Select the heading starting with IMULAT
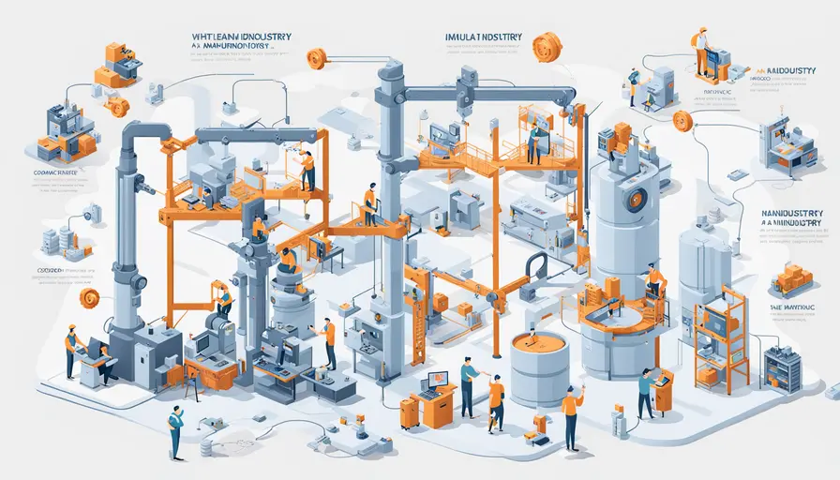tap(485, 38)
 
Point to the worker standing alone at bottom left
tap(175, 432)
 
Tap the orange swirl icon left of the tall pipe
tap(89, 298)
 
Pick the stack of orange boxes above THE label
tap(792, 278)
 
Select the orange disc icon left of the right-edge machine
tap(682, 120)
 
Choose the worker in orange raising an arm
tap(570, 413)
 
